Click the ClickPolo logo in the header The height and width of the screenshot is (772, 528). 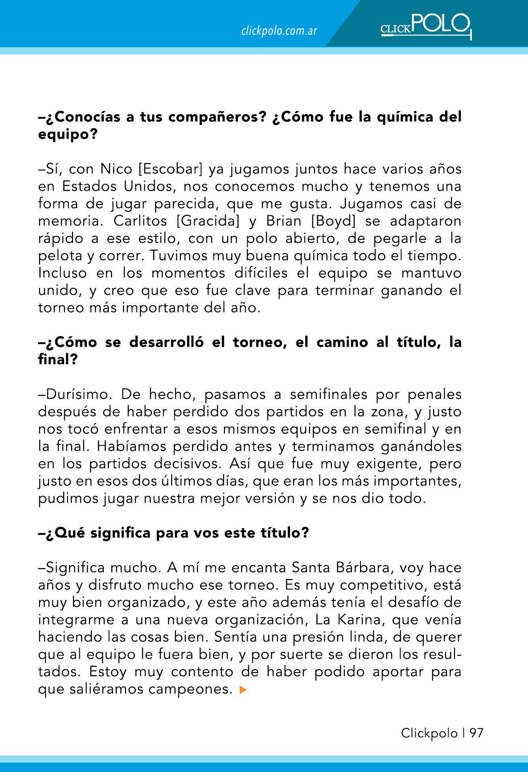point(426,26)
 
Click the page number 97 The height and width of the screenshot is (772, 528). point(476,733)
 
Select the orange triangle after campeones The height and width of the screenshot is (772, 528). point(243,690)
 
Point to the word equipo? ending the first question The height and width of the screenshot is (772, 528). point(68,135)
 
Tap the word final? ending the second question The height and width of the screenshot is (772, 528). point(58,360)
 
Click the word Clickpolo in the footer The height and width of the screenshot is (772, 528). point(429,733)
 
